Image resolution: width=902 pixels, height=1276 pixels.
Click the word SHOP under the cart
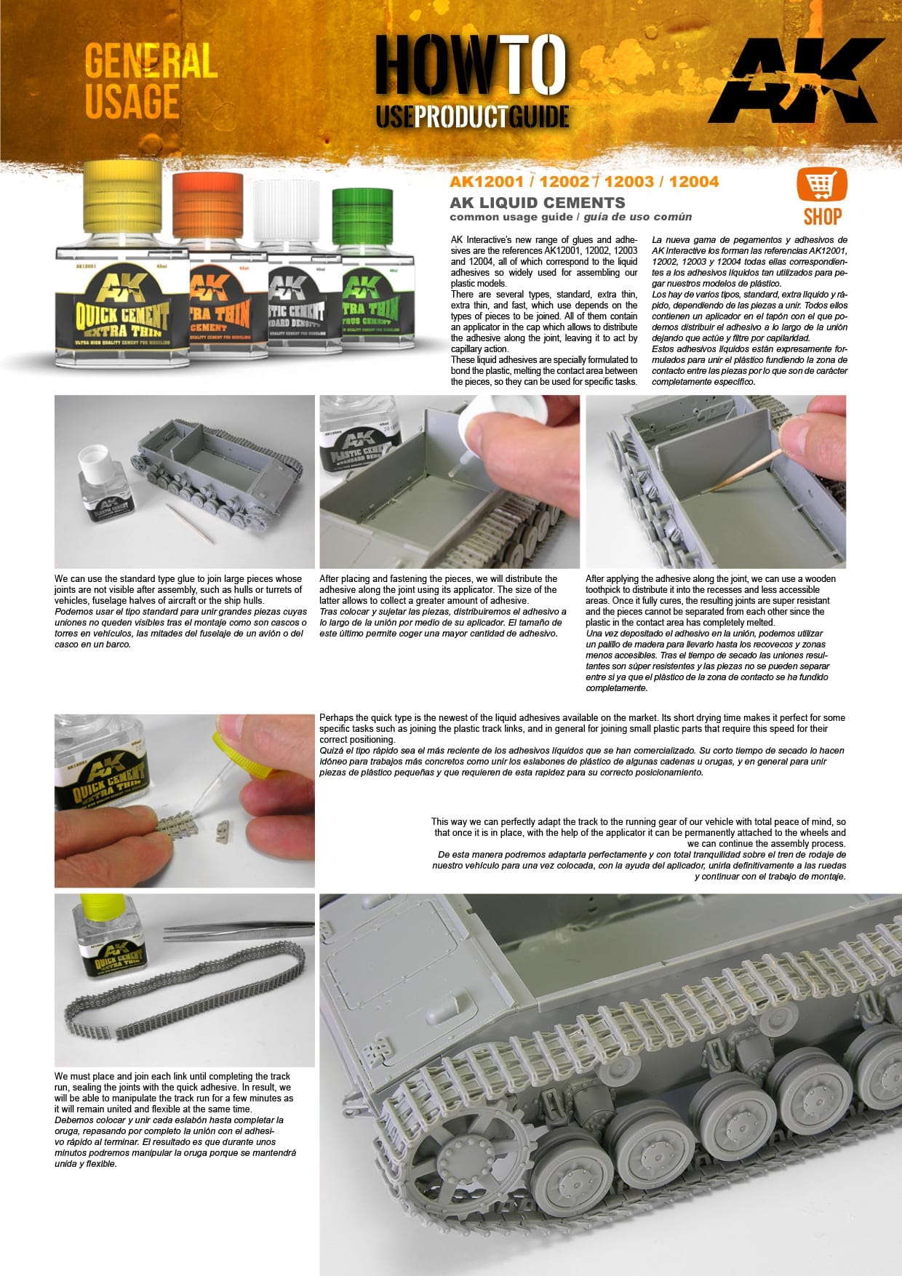[x=822, y=216]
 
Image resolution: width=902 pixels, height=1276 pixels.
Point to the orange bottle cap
[x=207, y=207]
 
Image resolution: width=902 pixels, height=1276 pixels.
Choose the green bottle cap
[x=362, y=217]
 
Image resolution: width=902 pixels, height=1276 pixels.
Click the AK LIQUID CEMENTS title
[x=537, y=203]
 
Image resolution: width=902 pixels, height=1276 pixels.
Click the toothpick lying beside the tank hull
[x=189, y=523]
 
